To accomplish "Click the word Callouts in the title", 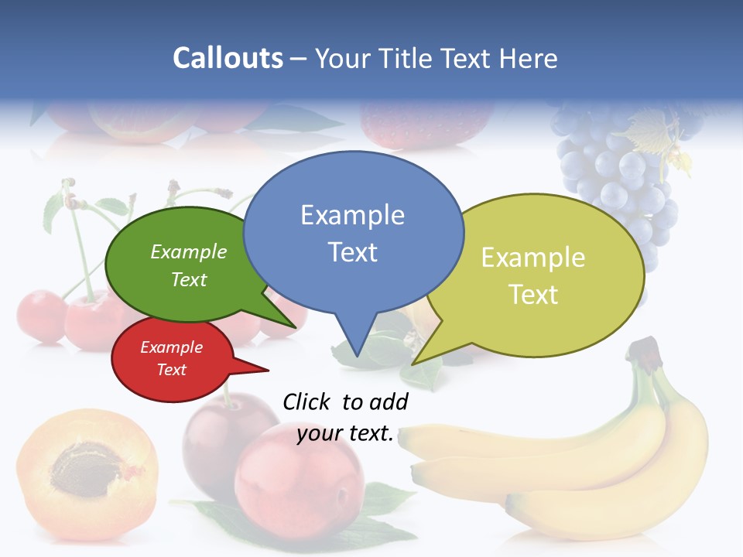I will pos(228,59).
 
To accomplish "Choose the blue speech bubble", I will pos(353,232).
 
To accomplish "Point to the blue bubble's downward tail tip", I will pos(357,355).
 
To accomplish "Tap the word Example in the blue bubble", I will pos(352,215).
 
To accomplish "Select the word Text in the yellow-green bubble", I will pos(533,295).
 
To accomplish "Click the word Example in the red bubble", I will pos(171,348).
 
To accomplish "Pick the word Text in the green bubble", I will pos(189,280).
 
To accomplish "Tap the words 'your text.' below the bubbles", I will pos(345,434).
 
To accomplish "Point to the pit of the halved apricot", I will pos(85,467).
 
